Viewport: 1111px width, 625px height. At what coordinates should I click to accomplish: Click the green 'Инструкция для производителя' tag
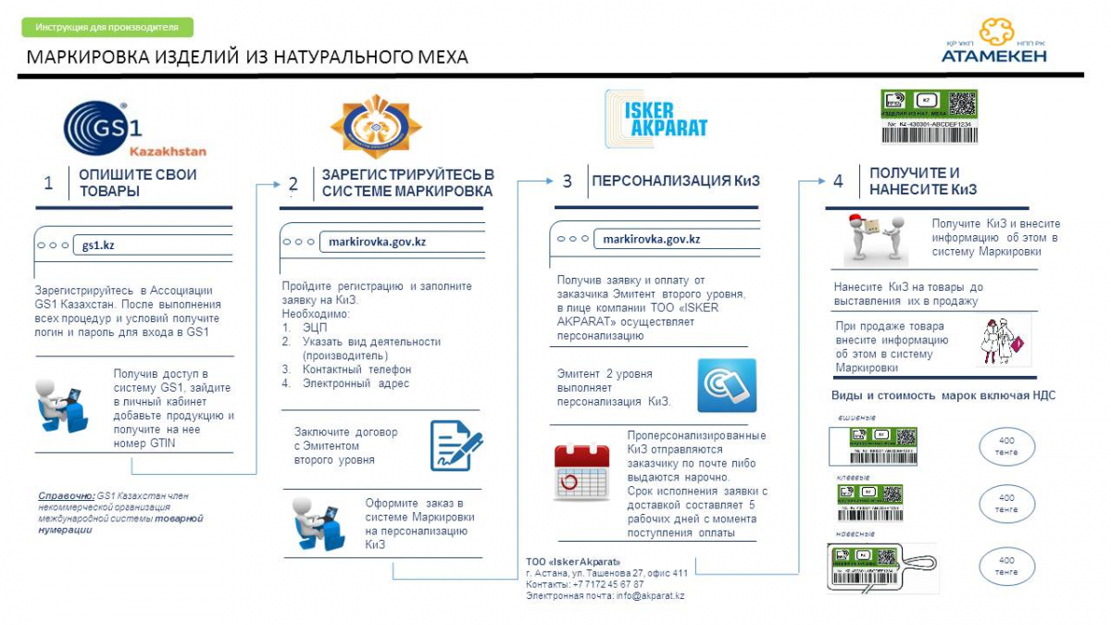107,28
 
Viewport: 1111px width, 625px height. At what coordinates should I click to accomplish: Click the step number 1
48,182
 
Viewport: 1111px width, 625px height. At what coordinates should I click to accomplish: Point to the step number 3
568,181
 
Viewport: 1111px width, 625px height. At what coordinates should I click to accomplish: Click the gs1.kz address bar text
98,245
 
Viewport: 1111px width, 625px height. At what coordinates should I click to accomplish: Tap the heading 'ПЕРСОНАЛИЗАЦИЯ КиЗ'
676,181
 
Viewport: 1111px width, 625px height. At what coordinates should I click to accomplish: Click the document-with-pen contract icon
456,444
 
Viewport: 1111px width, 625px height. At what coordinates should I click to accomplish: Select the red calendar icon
581,472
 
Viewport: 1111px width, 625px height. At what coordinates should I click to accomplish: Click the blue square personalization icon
726,385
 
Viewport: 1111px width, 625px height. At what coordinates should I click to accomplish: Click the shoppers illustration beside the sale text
1003,340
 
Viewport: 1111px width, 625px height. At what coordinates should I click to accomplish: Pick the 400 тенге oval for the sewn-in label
1006,446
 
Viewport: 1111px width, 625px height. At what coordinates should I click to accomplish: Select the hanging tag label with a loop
880,567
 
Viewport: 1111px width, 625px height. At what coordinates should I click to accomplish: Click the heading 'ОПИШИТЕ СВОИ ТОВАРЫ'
137,182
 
